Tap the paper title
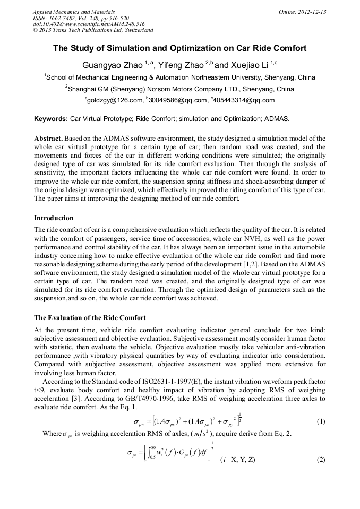tap(179, 48)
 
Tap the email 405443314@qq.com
tap(244, 100)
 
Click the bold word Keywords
tap(51, 118)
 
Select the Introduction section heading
tap(54, 218)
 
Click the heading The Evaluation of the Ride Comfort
tap(90, 318)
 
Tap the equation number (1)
tap(321, 421)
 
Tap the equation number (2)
tap(321, 460)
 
